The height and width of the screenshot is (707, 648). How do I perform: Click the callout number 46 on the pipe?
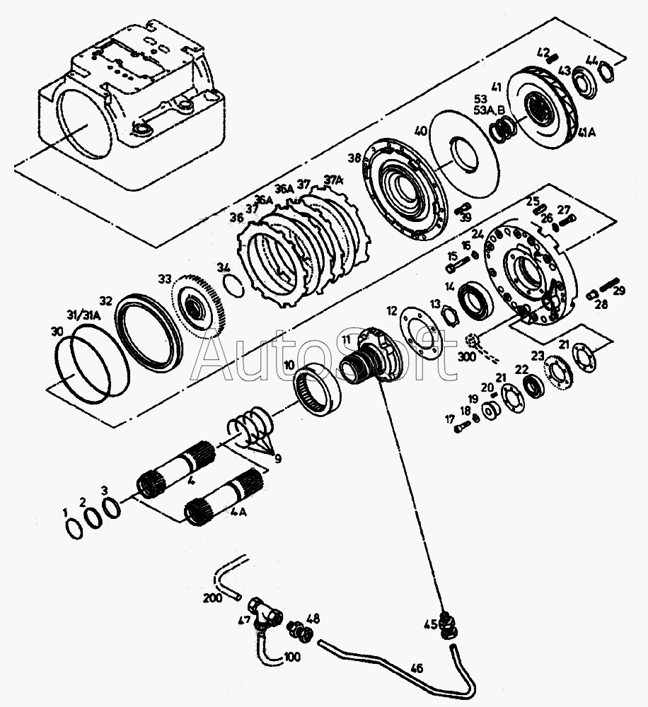416,667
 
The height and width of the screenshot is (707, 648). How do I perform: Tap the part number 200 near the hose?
212,597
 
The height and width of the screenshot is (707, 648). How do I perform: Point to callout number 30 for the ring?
57,332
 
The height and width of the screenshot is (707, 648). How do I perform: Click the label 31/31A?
83,315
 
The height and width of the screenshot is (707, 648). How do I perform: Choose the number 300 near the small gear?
467,357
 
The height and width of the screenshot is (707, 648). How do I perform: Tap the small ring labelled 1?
73,528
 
